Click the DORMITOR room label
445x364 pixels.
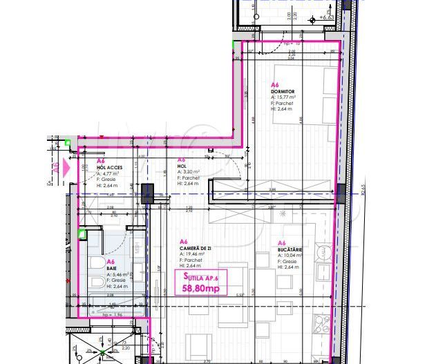[283, 91]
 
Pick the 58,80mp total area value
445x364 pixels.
[201, 289]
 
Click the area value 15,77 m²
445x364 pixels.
[285, 98]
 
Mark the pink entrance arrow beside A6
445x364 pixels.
[66, 167]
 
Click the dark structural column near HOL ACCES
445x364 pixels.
[147, 193]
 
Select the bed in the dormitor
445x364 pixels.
[304, 93]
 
